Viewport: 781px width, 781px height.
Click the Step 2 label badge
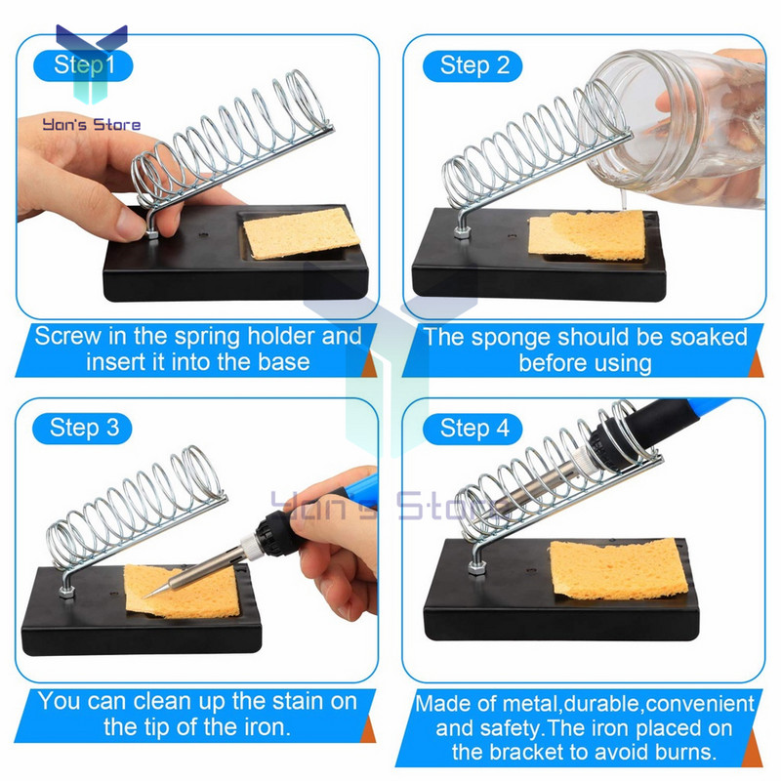click(473, 65)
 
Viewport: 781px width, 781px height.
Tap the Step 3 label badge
click(82, 429)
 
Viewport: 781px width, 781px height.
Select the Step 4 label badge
click(473, 429)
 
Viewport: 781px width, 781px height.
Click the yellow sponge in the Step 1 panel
click(302, 233)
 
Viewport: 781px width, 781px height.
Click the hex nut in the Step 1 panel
click(152, 232)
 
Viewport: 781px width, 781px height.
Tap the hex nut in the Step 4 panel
click(476, 567)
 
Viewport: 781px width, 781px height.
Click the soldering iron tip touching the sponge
click(147, 596)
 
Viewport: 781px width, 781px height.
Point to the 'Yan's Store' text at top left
click(91, 124)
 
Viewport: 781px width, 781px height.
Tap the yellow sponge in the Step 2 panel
click(587, 235)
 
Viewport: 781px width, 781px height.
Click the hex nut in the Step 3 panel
click(66, 592)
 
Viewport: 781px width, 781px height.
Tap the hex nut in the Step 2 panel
click(462, 232)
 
